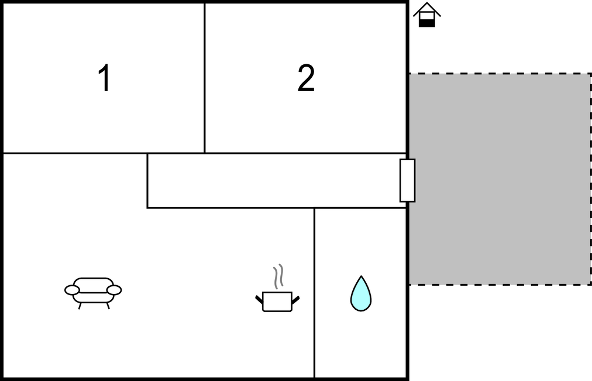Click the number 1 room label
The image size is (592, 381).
pyautogui.click(x=105, y=78)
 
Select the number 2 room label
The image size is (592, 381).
pyautogui.click(x=306, y=78)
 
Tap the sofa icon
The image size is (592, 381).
pyautogui.click(x=93, y=293)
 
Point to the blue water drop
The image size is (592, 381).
pyautogui.click(x=361, y=294)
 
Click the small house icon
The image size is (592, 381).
pyautogui.click(x=427, y=15)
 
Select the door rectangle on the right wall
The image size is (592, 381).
pyautogui.click(x=407, y=181)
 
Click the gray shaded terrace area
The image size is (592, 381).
pyautogui.click(x=500, y=179)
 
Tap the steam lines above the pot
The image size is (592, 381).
pyautogui.click(x=278, y=276)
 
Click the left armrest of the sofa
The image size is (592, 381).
pyautogui.click(x=72, y=290)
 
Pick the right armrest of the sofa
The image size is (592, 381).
pyautogui.click(x=114, y=290)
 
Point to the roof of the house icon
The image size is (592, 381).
pyautogui.click(x=427, y=9)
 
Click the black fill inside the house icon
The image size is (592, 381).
pyautogui.click(x=427, y=23)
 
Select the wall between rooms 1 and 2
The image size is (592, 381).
pyautogui.click(x=205, y=78)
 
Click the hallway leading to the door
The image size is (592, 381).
pyautogui.click(x=274, y=181)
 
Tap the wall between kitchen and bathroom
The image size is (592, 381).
pyautogui.click(x=314, y=293)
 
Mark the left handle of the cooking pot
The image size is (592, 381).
pyautogui.click(x=259, y=300)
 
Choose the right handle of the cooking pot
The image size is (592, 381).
pyautogui.click(x=295, y=300)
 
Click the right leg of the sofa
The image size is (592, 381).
pyautogui.click(x=108, y=306)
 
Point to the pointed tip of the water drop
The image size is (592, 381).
pyautogui.click(x=362, y=276)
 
